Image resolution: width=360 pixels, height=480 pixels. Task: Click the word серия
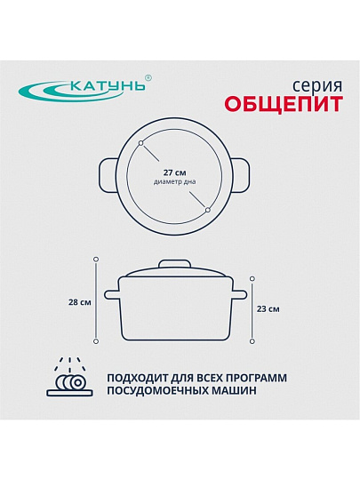coord(317,86)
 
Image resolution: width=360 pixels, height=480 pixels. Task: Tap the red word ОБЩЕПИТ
coord(284,104)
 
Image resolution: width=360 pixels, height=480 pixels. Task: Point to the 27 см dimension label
coord(174,172)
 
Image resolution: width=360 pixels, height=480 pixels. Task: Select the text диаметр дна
coord(174,182)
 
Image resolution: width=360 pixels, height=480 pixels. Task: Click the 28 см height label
coord(80,302)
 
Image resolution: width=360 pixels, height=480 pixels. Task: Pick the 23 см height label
coord(268,309)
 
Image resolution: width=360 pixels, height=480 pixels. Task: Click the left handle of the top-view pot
coord(108,176)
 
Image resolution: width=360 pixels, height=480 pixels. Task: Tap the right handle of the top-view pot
coord(241,176)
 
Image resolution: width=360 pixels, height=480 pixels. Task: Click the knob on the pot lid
coord(174,264)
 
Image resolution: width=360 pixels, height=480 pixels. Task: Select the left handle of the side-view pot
coord(112,295)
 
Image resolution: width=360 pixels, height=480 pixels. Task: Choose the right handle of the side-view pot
coord(239,295)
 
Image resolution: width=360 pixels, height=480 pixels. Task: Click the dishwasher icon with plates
coord(70,377)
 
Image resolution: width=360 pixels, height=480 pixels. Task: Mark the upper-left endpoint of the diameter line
coord(140,143)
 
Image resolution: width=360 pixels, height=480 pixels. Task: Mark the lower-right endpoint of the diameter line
coord(208,210)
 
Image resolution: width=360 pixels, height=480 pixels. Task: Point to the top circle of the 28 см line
coord(96,259)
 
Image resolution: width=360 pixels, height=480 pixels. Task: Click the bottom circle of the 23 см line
coord(252,341)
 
